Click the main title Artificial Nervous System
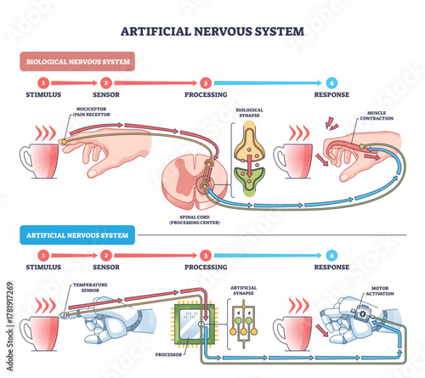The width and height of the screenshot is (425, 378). pos(212,31)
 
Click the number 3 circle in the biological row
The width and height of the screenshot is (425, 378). pos(207,82)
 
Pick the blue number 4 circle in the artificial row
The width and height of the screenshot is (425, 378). pos(331,254)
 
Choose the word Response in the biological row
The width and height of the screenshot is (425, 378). pos(331,94)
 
